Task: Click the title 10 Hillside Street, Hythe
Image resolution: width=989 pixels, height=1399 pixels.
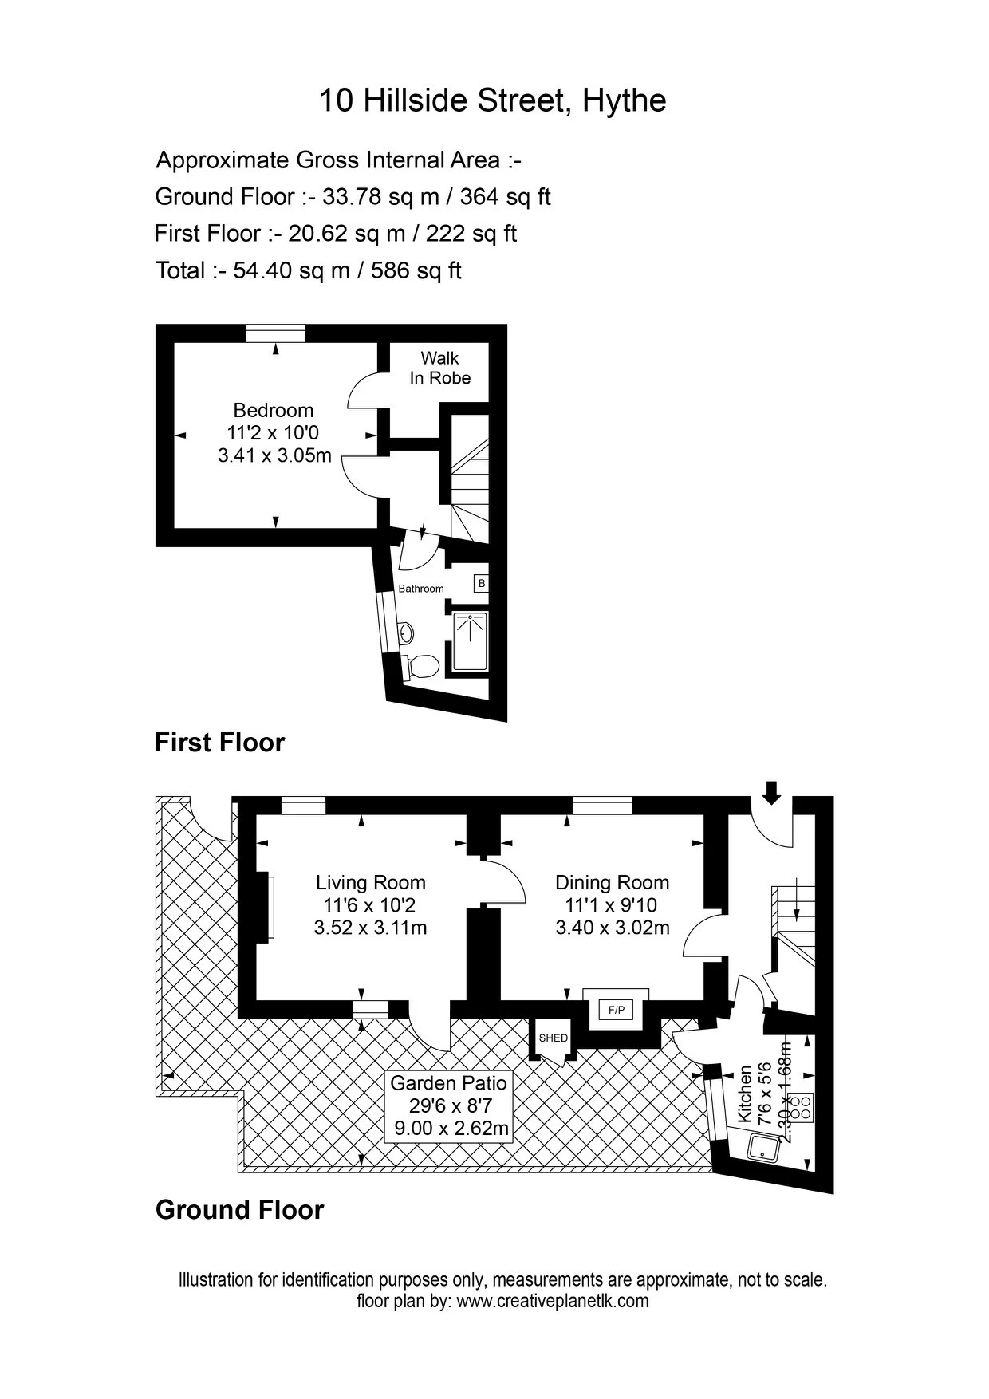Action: [x=492, y=100]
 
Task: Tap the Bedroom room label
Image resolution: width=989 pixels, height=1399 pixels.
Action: [x=274, y=410]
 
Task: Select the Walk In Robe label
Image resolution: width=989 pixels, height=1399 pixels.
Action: [x=440, y=368]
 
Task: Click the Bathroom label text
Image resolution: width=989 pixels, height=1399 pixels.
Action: [x=421, y=589]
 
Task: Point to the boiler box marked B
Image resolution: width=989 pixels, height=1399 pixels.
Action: [x=481, y=583]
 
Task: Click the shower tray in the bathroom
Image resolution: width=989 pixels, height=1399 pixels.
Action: [x=471, y=642]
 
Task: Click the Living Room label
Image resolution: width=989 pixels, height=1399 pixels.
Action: [x=371, y=882]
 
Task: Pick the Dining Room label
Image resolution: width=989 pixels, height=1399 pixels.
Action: [x=612, y=882]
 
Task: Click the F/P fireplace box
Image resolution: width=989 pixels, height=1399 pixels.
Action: [x=616, y=1011]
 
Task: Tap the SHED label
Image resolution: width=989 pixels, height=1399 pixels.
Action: [x=553, y=1038]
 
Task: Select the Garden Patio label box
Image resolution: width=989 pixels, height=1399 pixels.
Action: [x=449, y=1105]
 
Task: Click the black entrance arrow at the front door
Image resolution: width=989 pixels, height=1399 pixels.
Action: [x=771, y=793]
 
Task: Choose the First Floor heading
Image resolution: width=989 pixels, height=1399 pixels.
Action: [x=219, y=743]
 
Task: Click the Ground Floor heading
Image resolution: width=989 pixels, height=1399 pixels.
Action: [x=239, y=1210]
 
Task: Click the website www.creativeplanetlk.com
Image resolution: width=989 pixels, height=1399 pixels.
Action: [x=553, y=1301]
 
